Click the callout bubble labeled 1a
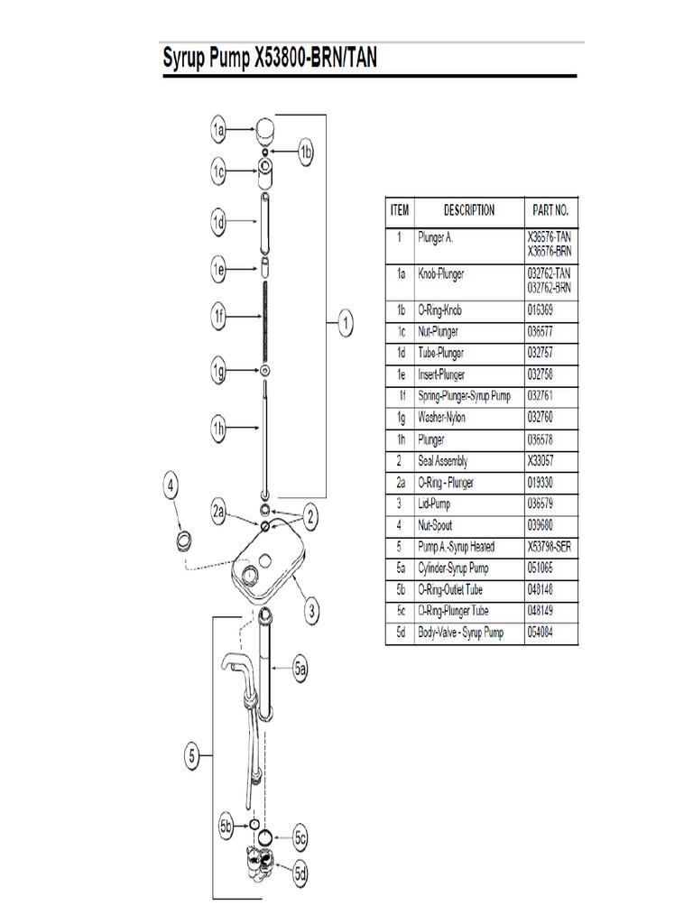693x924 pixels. tap(218, 131)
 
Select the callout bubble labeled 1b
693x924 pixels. tap(306, 152)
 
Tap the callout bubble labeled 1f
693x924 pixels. tap(218, 316)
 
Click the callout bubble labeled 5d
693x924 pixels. tap(301, 873)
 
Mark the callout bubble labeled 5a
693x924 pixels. tap(301, 670)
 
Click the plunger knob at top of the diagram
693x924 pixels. tap(263, 130)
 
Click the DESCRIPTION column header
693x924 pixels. tap(468, 210)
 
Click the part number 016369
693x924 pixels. tap(541, 310)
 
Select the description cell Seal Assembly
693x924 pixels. tap(442, 461)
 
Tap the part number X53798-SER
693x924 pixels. tap(549, 547)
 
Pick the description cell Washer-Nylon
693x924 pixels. tap(441, 418)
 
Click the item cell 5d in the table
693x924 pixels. tap(400, 633)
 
